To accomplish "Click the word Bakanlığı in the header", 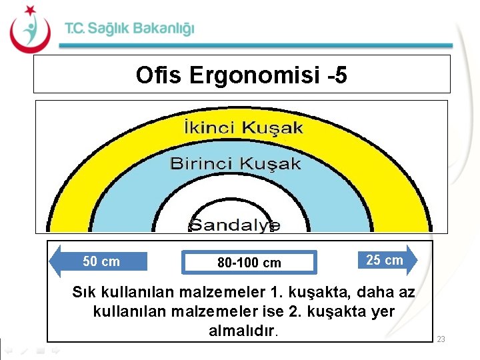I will [x=164, y=29].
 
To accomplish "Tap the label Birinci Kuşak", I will [x=235, y=163].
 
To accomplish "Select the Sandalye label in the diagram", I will [x=235, y=225].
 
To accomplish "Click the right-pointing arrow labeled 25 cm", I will [x=388, y=260].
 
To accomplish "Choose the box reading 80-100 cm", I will [x=249, y=263].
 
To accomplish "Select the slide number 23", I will [x=441, y=340].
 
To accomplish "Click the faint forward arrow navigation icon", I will [x=56, y=349].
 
